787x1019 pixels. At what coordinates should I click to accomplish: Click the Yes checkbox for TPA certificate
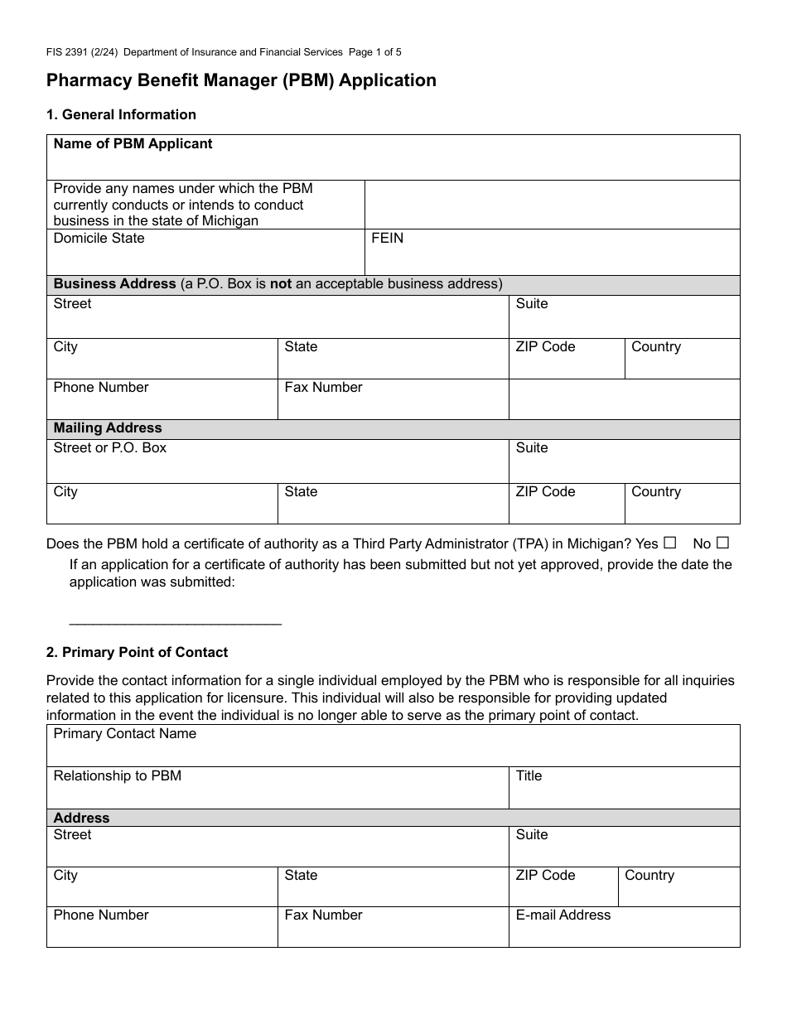point(670,543)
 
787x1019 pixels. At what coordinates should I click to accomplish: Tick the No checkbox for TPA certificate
point(722,543)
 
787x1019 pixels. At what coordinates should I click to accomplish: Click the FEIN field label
point(387,239)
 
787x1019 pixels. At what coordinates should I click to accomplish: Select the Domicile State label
point(99,239)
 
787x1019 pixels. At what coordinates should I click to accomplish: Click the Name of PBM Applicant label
point(133,144)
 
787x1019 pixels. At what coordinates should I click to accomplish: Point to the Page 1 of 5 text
point(375,52)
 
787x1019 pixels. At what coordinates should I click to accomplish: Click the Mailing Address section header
point(108,428)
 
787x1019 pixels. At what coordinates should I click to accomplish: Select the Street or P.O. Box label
point(109,448)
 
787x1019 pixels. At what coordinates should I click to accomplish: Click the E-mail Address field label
point(562,915)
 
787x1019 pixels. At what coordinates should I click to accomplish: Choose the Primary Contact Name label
point(124,734)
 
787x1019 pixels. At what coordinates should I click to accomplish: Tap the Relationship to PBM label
point(117,776)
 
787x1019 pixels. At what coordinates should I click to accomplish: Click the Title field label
point(529,776)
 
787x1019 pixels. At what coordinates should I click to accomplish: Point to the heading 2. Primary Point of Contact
point(137,653)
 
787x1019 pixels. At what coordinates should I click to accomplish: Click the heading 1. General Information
point(121,115)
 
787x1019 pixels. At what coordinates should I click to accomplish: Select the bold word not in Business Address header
point(281,284)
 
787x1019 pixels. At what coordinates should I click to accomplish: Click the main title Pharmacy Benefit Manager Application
point(241,80)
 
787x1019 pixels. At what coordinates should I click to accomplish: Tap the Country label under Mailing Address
point(655,492)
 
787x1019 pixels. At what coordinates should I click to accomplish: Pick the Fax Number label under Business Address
point(323,388)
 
